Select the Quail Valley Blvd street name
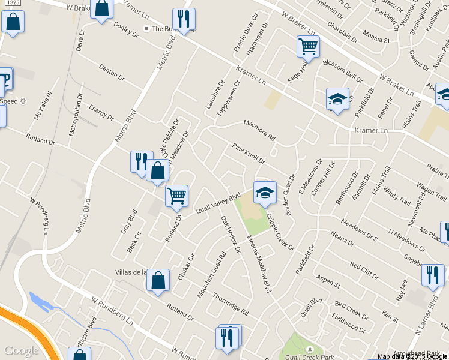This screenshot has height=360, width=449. [218, 201]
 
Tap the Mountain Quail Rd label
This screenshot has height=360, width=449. [212, 274]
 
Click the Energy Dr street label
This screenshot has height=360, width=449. [101, 112]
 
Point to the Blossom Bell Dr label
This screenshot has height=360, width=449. [343, 71]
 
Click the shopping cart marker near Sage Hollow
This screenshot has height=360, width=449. [308, 46]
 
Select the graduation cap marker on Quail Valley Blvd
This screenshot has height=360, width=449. [265, 192]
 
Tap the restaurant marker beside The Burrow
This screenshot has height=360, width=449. [184, 19]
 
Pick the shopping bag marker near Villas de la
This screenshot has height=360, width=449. [158, 280]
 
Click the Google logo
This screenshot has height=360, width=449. [22, 350]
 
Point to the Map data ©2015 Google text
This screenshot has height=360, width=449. [413, 356]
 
